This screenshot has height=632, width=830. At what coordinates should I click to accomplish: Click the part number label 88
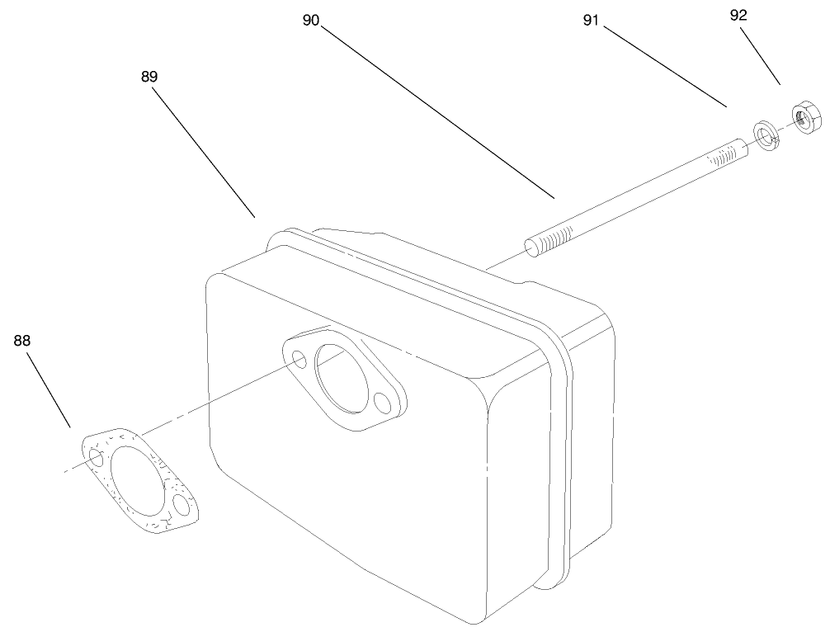(22, 340)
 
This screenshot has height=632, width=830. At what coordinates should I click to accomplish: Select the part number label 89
(149, 76)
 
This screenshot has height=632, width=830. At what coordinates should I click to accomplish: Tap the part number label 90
(310, 21)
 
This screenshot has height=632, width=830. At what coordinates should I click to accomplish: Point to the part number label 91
(591, 21)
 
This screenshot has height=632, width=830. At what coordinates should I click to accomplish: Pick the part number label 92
(739, 16)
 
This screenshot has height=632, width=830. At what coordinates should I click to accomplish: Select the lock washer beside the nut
(767, 134)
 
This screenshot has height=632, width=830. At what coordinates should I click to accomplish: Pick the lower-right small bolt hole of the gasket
(181, 503)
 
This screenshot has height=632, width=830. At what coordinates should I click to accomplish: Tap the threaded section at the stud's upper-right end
(725, 154)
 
